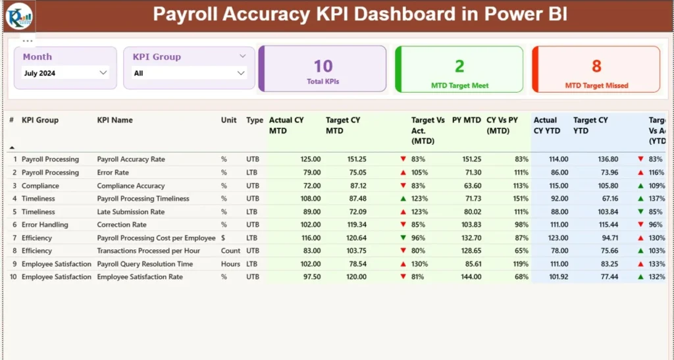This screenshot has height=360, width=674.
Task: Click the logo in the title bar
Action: click(x=18, y=15)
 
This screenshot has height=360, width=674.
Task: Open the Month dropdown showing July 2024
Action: click(x=65, y=73)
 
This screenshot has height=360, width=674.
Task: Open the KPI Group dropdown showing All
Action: click(x=189, y=73)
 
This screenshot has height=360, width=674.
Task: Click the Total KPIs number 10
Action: click(x=323, y=66)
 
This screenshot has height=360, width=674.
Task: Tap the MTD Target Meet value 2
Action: click(x=459, y=66)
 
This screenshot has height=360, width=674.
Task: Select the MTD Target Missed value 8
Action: click(x=596, y=66)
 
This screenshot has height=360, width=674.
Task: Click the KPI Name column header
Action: click(x=115, y=120)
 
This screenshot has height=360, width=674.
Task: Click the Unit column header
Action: click(x=228, y=120)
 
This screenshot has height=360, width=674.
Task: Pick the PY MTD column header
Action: click(x=466, y=120)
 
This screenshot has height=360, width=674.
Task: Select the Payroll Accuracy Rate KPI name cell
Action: click(x=131, y=159)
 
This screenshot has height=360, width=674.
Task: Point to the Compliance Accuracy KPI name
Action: click(x=131, y=186)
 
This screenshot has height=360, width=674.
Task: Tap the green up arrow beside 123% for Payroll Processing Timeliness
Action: click(x=403, y=199)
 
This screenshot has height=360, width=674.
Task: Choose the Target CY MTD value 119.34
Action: click(x=356, y=225)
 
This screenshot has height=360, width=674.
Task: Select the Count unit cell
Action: click(x=230, y=251)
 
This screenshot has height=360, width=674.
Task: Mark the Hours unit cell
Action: click(x=230, y=264)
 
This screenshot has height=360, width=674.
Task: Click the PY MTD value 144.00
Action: click(x=471, y=277)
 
